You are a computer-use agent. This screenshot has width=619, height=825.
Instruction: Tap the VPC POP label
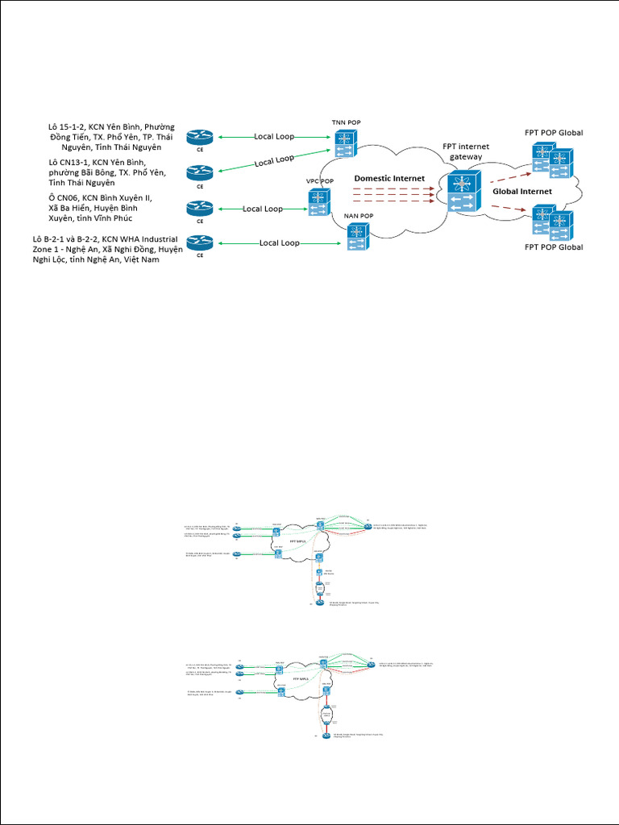pos(320,181)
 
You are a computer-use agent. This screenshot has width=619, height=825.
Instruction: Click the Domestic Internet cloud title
pos(389,177)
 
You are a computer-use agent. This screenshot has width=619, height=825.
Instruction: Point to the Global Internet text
pos(522,192)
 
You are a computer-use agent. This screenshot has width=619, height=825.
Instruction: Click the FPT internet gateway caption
pos(466,151)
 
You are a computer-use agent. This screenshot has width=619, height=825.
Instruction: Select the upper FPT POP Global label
pos(554,132)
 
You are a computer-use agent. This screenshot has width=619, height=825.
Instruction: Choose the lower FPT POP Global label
pos(554,247)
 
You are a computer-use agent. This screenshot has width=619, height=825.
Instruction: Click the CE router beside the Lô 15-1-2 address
pos(200,138)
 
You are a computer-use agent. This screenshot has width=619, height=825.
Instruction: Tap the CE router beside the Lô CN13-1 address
pos(200,172)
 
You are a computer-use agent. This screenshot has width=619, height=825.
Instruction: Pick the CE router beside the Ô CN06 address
pos(200,208)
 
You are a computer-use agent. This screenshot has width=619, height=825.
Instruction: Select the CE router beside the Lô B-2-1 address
pos(200,242)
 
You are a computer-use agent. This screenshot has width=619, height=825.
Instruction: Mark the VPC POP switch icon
pos(319,201)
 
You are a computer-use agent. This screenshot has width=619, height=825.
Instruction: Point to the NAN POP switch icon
pos(356,236)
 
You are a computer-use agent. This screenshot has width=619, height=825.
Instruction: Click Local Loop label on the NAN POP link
pos(279,243)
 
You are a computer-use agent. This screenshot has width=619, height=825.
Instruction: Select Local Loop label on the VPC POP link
pos(263,209)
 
